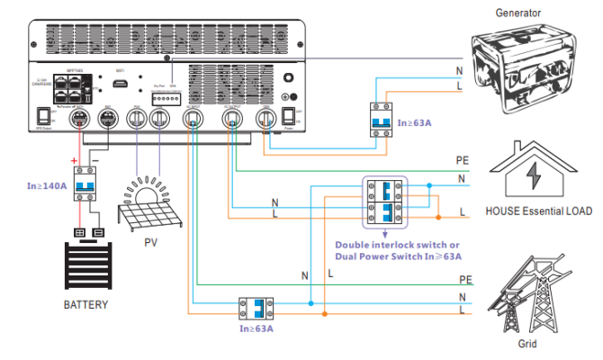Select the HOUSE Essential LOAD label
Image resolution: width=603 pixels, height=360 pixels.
point(538,211)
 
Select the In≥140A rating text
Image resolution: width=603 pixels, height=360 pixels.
point(47,187)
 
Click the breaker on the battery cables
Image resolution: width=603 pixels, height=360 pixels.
point(86,185)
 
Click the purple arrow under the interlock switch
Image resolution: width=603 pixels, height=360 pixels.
point(386,233)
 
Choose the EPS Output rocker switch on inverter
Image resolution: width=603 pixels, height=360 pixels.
point(41,116)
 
